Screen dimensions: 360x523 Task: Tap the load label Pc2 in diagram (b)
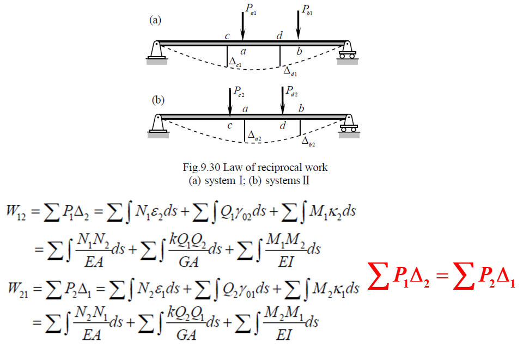(x=239, y=93)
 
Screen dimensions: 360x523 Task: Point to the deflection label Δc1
(x=235, y=63)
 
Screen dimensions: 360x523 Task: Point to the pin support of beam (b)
(x=157, y=124)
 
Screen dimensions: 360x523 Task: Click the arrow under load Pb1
(x=298, y=25)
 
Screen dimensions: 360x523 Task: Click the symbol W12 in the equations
(x=16, y=210)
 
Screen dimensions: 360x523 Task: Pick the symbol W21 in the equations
(x=16, y=287)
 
